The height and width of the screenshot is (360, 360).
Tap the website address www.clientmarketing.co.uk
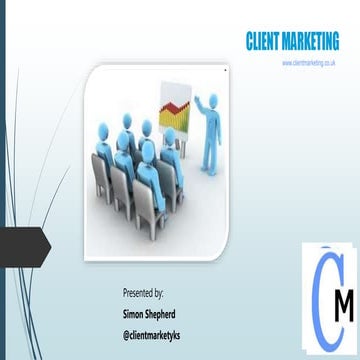[307, 63]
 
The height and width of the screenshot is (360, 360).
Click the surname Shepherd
[166, 311]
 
